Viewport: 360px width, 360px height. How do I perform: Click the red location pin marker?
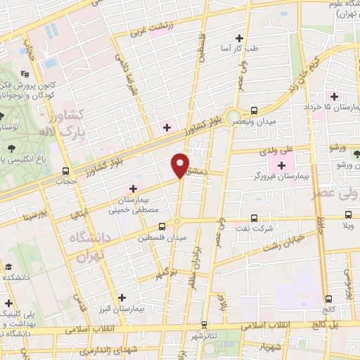click(181, 165)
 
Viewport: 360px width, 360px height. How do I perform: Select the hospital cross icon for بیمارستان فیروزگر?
click(282, 166)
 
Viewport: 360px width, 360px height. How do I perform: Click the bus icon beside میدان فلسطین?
click(162, 226)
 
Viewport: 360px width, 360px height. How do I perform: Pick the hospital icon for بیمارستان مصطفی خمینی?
click(132, 188)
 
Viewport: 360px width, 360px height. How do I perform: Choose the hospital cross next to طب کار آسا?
click(240, 38)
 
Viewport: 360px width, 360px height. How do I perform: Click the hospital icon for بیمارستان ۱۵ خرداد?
click(335, 96)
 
